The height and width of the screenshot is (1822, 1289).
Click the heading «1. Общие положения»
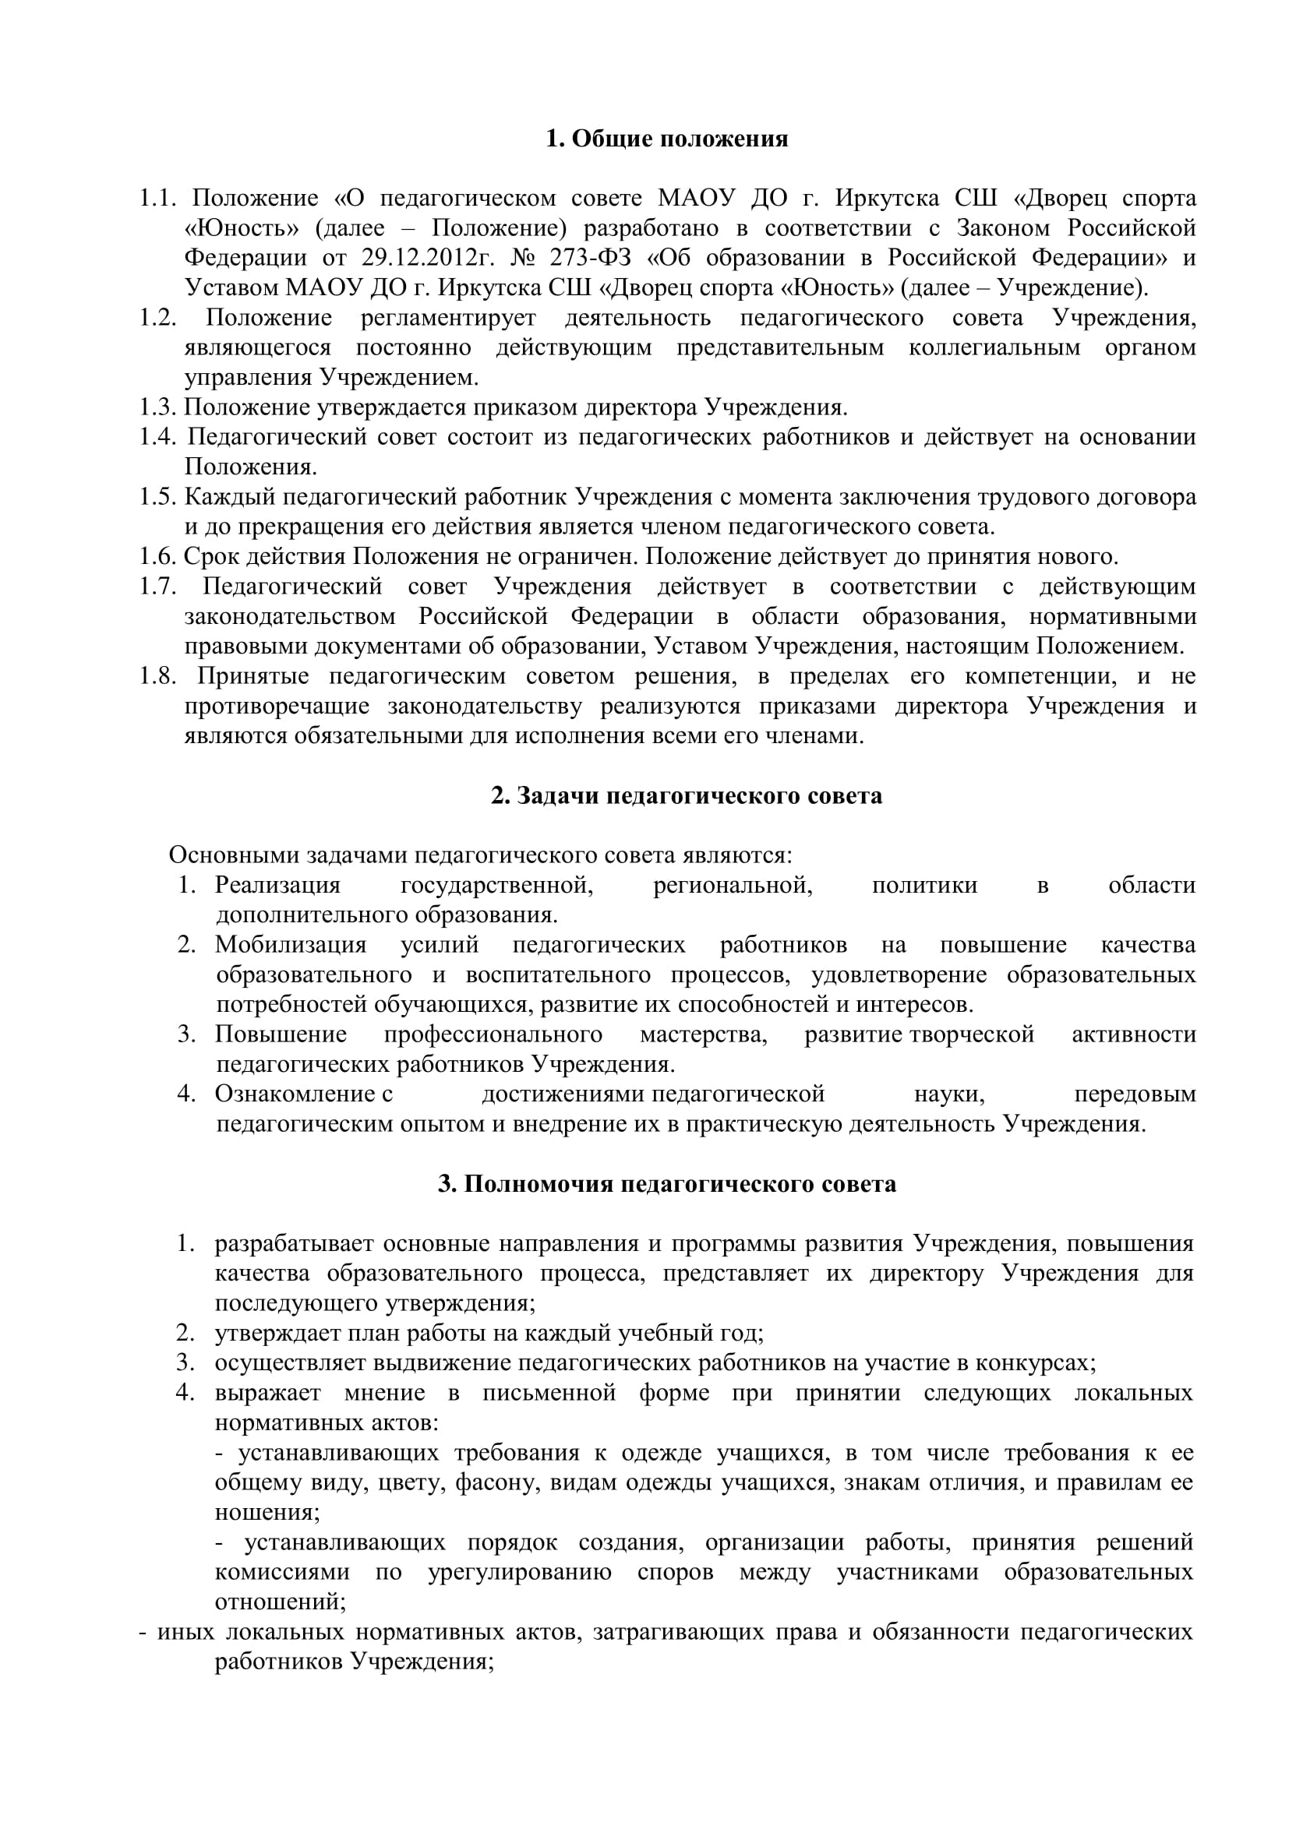coord(667,139)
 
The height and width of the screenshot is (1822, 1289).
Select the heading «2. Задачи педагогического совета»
coord(686,796)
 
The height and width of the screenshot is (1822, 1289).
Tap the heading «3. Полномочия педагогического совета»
coord(667,1184)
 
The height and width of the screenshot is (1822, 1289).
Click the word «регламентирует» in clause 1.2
coord(448,319)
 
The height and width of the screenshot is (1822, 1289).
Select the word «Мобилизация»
coord(291,945)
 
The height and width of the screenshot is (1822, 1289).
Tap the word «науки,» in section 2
coord(949,1094)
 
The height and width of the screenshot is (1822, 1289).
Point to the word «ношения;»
coord(267,1512)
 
